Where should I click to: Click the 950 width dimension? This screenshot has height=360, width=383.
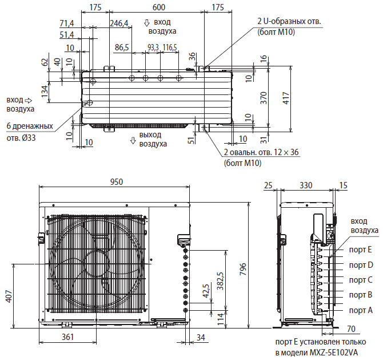116,182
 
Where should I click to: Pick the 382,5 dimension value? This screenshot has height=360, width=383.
220,280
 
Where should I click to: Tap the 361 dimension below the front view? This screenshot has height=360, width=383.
67,337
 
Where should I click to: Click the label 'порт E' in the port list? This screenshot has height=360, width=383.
361,250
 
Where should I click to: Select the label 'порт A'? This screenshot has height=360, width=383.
361,310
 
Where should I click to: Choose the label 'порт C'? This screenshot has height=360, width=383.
361,280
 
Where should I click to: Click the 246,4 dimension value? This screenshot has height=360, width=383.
119,23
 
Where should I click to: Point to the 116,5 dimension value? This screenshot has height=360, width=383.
170,47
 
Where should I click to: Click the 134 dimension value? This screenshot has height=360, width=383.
44,90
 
